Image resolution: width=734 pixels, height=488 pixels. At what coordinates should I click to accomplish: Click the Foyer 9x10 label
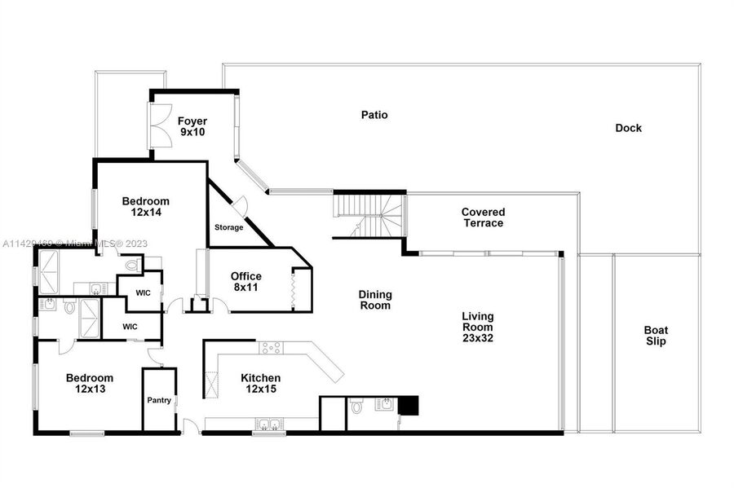(x=192, y=126)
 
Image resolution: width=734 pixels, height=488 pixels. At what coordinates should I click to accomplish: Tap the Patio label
(x=374, y=115)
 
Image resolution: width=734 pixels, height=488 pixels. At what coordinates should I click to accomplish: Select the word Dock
(x=628, y=128)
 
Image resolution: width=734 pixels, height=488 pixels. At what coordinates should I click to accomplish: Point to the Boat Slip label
(x=656, y=336)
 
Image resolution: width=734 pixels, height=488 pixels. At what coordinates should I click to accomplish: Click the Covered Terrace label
(x=483, y=218)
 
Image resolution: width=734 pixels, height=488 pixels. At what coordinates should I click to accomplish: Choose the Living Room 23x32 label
(x=477, y=328)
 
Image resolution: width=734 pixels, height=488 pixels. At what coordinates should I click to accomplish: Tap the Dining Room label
(x=375, y=300)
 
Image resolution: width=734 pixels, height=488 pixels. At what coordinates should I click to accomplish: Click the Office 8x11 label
(x=245, y=282)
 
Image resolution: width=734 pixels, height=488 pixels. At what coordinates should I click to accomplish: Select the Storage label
(x=229, y=227)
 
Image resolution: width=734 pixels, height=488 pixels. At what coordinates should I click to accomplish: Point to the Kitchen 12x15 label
(x=261, y=383)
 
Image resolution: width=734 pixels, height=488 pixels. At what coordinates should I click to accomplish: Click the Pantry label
(x=159, y=401)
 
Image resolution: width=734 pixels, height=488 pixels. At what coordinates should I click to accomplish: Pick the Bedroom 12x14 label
(x=146, y=207)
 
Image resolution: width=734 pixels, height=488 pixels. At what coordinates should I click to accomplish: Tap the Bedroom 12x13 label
(x=90, y=383)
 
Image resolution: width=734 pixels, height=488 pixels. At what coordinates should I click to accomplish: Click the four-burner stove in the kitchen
(x=271, y=348)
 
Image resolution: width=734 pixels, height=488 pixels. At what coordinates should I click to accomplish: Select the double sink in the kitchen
(x=269, y=424)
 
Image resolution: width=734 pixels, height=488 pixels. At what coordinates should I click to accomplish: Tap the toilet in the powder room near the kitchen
(x=356, y=407)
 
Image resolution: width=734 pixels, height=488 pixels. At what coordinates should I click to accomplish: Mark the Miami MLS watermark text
(x=75, y=244)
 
